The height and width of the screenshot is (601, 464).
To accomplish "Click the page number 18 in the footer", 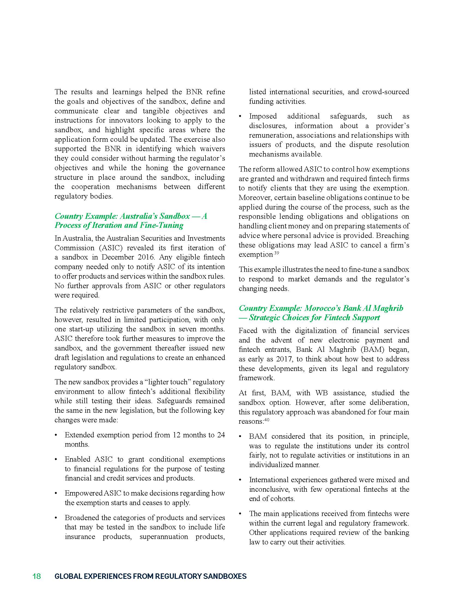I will (x=37, y=576).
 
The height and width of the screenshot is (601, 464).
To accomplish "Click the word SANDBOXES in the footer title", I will (x=225, y=576).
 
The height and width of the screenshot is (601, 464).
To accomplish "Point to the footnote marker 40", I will (x=266, y=420).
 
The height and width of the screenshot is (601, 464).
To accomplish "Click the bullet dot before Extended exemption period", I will (x=56, y=435).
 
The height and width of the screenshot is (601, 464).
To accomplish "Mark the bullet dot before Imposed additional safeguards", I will (x=240, y=116).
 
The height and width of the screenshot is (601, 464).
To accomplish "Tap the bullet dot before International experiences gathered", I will (x=240, y=480).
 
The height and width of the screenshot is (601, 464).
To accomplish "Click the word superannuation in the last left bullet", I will (x=163, y=537).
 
